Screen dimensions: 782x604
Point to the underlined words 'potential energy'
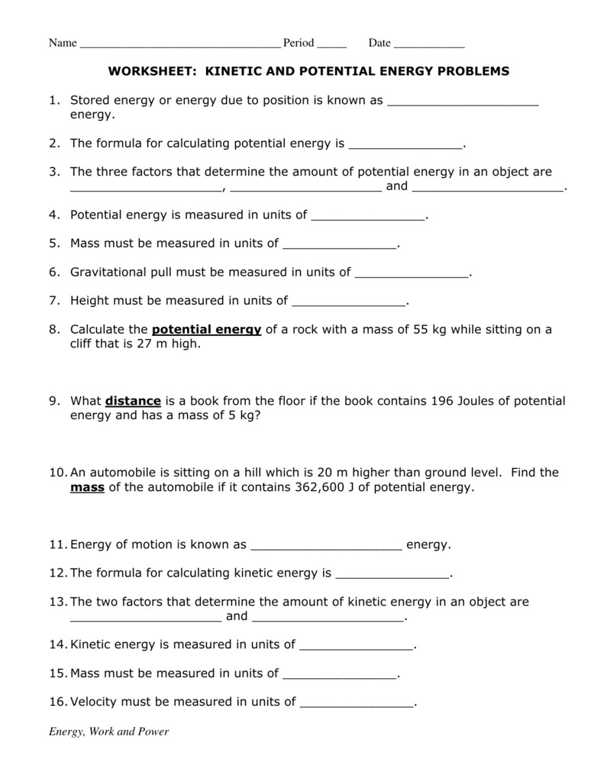tap(207, 330)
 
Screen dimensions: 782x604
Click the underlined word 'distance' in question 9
tap(133, 401)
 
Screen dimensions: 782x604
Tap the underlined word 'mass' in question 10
tap(87, 486)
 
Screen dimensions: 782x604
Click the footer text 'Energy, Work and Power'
tap(109, 732)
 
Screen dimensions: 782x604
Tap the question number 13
tap(57, 602)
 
